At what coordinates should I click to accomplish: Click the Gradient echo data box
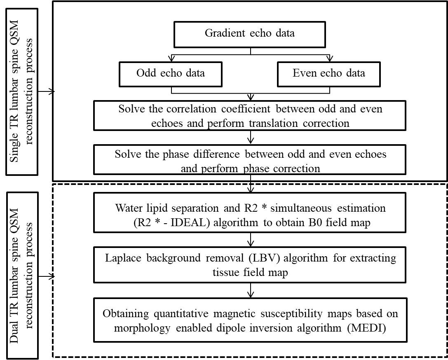(250, 34)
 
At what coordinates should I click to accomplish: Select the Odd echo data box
(171, 74)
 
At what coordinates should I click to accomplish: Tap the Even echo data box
(329, 74)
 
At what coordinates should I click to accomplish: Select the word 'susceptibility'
(291, 314)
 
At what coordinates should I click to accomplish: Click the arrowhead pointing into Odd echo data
(171, 59)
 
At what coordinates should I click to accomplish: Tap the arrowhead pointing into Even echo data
(330, 59)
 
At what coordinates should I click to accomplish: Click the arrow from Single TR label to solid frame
(46, 91)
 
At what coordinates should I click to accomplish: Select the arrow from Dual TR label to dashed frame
(46, 276)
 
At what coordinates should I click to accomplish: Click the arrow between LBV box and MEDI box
(251, 290)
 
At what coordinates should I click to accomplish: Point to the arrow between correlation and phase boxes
(251, 137)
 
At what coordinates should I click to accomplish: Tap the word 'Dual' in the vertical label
(14, 332)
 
